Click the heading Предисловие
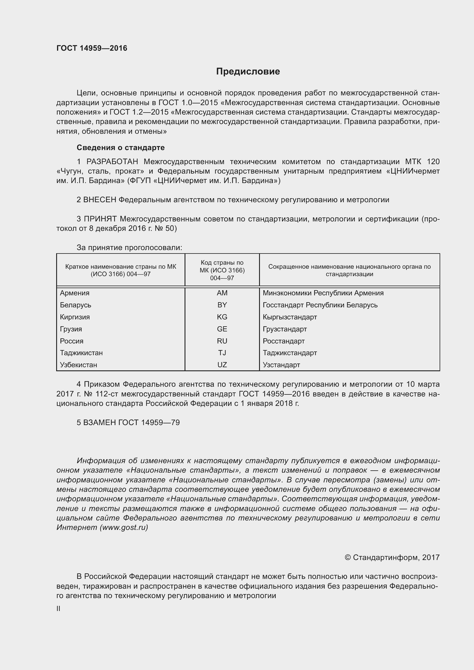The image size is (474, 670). tap(248, 72)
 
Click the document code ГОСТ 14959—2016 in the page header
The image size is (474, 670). tap(92, 48)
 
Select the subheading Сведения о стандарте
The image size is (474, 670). tap(121, 148)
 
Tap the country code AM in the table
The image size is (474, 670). tap(222, 293)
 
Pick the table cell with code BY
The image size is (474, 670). tap(222, 305)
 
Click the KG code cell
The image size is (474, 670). tap(222, 317)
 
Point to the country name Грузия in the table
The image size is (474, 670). tap(71, 329)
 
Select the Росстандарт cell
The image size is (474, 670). tap(284, 341)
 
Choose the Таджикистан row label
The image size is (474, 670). tap(81, 353)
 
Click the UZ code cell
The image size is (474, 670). tap(222, 365)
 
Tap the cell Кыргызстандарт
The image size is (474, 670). tap(290, 317)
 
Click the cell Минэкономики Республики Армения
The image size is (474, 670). tap(323, 293)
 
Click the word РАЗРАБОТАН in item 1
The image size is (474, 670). tap(112, 162)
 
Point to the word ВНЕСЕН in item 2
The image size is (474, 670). tap(100, 200)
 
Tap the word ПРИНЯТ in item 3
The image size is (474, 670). tap(100, 219)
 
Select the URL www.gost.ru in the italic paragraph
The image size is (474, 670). tap(124, 527)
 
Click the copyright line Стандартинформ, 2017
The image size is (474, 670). tap(392, 558)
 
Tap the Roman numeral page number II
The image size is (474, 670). tap(58, 609)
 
